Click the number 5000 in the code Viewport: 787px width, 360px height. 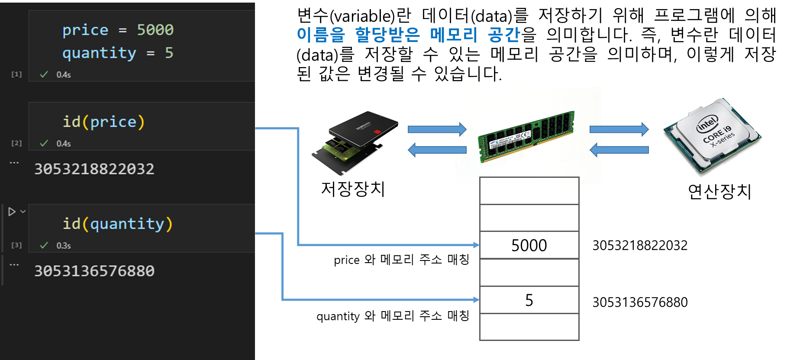click(x=155, y=30)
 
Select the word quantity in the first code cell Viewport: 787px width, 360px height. click(x=99, y=53)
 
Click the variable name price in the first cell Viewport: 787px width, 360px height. click(x=85, y=30)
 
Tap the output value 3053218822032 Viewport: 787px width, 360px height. click(x=94, y=169)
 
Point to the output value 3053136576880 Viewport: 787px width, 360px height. click(x=94, y=271)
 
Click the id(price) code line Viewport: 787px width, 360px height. click(x=103, y=122)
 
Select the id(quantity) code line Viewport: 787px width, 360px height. click(x=117, y=224)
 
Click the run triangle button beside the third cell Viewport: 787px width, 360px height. click(x=12, y=212)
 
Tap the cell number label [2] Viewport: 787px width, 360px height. click(x=16, y=143)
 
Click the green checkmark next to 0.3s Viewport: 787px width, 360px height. click(x=44, y=245)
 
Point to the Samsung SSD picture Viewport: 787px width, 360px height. click(x=355, y=143)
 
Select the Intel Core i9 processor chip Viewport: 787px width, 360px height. click(x=711, y=136)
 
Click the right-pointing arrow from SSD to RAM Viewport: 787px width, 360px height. click(x=437, y=129)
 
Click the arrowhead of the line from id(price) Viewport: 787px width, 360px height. click(x=476, y=245)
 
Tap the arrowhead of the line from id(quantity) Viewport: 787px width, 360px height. click(x=476, y=299)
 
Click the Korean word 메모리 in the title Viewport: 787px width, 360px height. click(x=453, y=35)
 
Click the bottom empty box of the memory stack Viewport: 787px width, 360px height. click(x=529, y=327)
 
